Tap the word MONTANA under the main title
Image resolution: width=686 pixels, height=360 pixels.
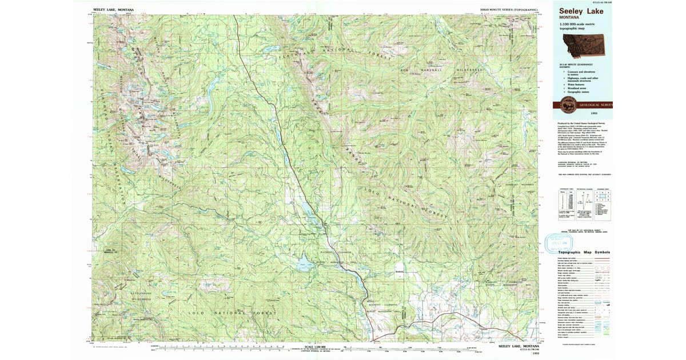coord(569,18)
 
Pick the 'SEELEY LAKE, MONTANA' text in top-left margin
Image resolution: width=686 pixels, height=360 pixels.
coord(114,10)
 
